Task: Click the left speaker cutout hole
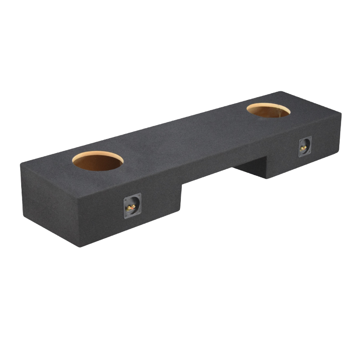point(98,161)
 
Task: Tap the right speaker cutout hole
point(268,110)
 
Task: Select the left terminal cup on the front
point(132,206)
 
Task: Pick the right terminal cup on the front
point(305,147)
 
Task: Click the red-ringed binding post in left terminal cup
point(133,207)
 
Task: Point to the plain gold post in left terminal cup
point(129,208)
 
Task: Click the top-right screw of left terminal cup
point(139,195)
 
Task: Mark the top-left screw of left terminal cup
point(126,200)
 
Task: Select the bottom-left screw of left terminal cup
point(126,216)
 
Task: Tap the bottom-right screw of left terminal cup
point(139,211)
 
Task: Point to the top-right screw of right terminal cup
point(310,138)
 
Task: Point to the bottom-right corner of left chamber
point(180,210)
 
